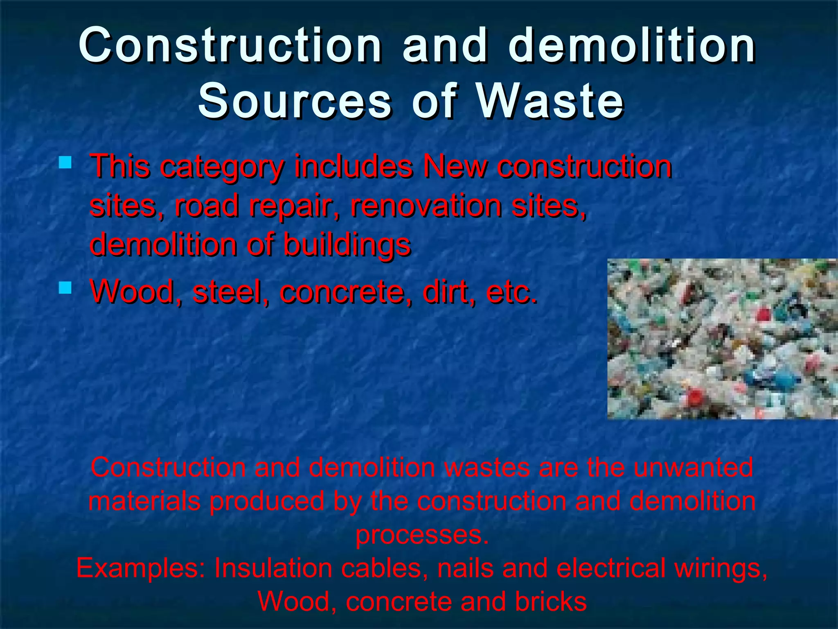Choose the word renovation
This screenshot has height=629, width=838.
pyautogui.click(x=426, y=206)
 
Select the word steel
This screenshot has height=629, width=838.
pyautogui.click(x=227, y=292)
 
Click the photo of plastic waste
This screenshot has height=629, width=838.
pyautogui.click(x=722, y=339)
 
